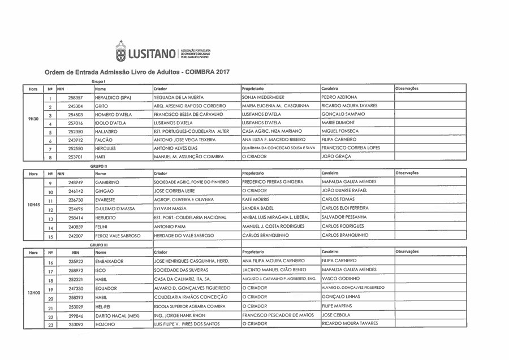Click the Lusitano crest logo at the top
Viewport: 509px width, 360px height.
tap(120, 51)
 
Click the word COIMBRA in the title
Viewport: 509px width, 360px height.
tap(200, 72)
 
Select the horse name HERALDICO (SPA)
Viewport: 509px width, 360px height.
tap(113, 97)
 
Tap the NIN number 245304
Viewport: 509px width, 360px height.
tap(76, 106)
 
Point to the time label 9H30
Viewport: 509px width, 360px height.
tap(33, 119)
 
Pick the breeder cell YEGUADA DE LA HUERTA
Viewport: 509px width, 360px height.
tap(178, 97)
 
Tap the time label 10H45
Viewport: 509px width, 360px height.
tap(33, 204)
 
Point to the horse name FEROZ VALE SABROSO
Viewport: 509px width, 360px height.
tap(118, 235)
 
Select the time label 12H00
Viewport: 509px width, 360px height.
tap(33, 293)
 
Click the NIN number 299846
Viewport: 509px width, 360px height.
tap(76, 316)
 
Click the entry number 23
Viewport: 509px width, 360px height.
tap(50, 325)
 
